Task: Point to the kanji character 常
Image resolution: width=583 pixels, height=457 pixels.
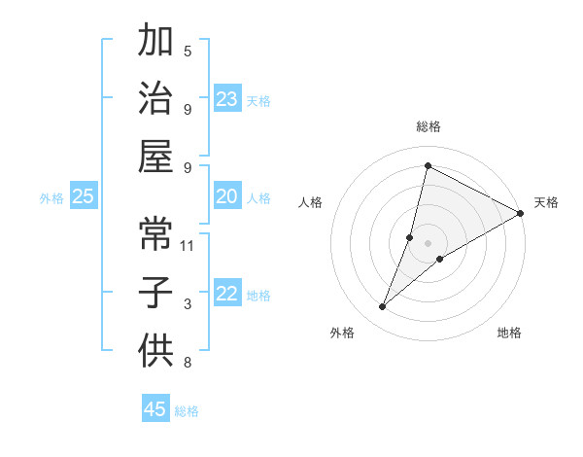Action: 155,233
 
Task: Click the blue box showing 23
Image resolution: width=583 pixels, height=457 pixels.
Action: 227,98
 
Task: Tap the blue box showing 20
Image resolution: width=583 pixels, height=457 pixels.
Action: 227,196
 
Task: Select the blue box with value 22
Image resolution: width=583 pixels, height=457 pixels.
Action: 227,295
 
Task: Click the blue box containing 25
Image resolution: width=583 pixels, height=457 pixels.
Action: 83,196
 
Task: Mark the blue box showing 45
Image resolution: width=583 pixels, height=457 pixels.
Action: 155,409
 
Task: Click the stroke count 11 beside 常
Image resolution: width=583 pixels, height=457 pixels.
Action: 188,245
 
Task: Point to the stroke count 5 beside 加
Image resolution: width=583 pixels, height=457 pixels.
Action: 188,51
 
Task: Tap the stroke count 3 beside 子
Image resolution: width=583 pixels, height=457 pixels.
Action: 188,304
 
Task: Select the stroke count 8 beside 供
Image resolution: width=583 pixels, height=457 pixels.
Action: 188,364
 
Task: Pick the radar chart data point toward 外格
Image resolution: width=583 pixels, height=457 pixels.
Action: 383,307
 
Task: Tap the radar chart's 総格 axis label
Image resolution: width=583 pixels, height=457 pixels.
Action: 428,126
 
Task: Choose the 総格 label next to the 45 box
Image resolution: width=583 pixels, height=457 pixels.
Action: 187,410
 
